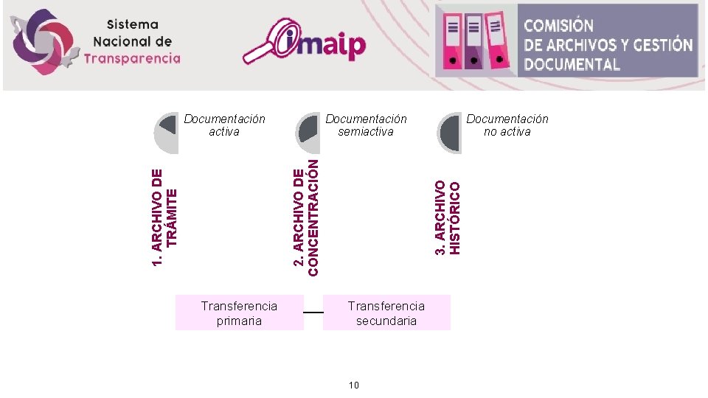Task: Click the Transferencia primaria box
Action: point(240,313)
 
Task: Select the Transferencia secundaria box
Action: point(386,313)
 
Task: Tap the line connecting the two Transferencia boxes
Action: point(313,313)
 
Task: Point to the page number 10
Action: point(354,385)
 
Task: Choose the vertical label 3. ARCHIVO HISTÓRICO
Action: point(447,218)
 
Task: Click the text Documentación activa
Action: point(224,125)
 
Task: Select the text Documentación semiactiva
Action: point(366,125)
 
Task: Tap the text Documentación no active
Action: point(507,125)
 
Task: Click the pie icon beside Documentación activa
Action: point(167,133)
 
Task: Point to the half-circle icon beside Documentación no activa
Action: point(449,133)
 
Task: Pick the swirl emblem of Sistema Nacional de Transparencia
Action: point(45,41)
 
